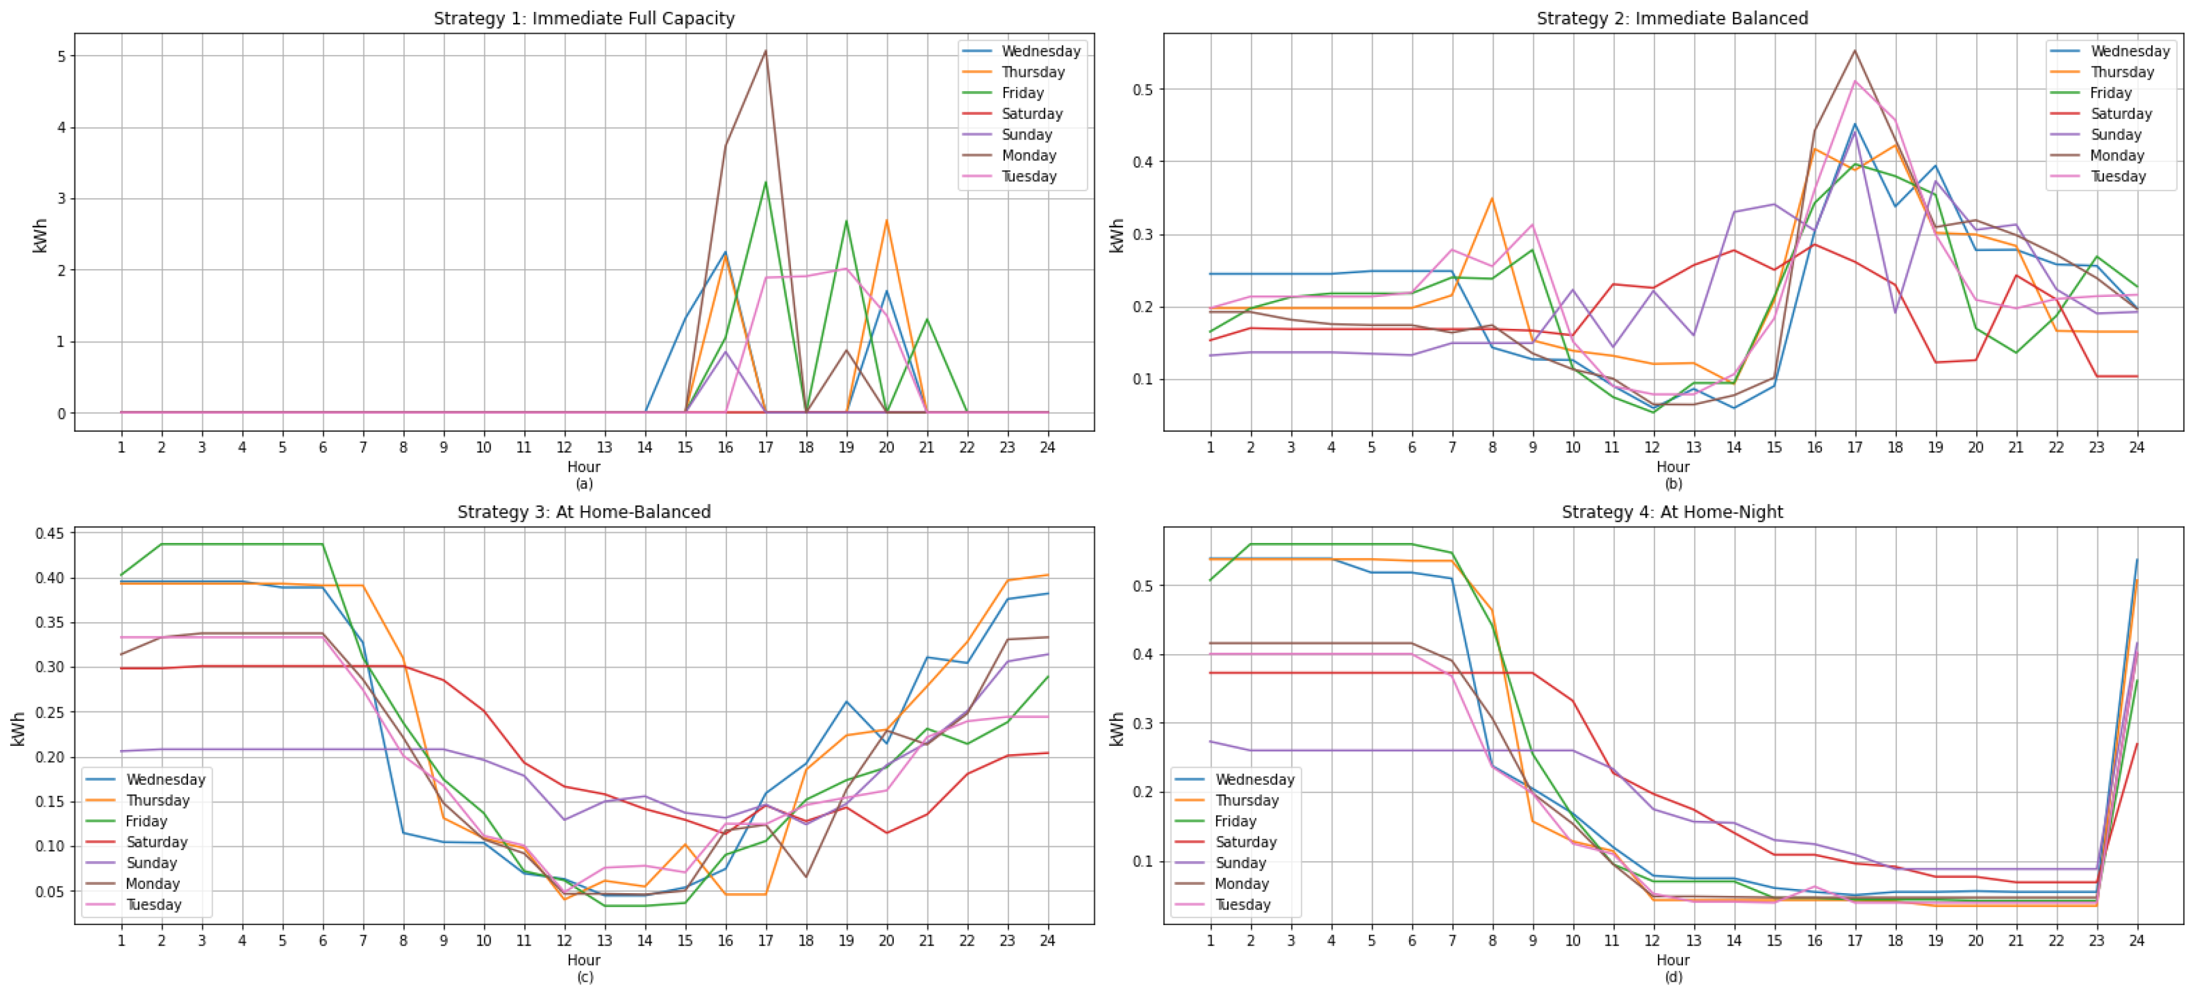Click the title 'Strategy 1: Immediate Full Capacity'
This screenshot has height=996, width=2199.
tap(584, 18)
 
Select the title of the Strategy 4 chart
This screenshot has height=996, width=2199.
tap(1672, 512)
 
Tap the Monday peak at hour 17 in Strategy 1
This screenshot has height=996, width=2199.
tap(766, 51)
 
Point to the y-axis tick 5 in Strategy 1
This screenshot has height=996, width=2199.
tap(61, 56)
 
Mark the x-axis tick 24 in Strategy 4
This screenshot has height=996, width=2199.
tap(2137, 940)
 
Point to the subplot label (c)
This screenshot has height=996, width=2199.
tap(584, 977)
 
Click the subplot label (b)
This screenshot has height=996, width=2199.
tap(1673, 483)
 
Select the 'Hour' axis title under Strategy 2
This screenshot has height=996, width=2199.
tap(1673, 467)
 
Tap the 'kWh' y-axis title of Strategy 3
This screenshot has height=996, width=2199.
tap(18, 729)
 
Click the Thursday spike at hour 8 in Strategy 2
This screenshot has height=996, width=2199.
tap(1492, 199)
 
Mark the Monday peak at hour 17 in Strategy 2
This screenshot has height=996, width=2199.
tap(1855, 50)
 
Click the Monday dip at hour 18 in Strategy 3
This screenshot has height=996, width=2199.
tap(806, 877)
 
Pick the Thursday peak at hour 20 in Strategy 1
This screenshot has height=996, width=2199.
tap(887, 221)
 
